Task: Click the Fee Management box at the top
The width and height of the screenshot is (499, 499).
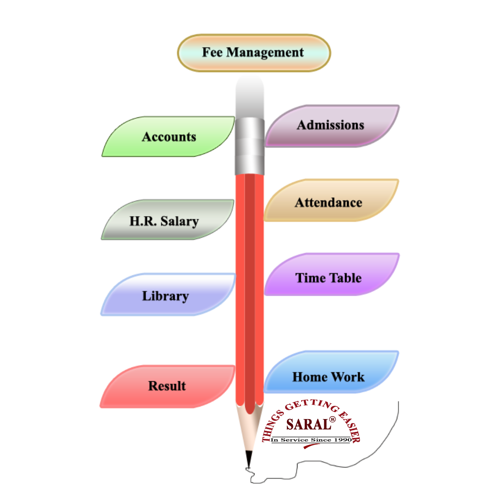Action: click(x=254, y=53)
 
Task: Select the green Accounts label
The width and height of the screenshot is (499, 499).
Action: click(x=169, y=137)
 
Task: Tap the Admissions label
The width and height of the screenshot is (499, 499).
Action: click(x=330, y=125)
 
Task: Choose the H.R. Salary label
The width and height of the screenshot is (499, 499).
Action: click(x=164, y=221)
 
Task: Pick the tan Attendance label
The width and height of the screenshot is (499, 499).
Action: click(x=329, y=202)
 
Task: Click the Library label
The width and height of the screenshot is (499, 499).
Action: click(x=165, y=296)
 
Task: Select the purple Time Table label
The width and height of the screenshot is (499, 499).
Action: click(x=329, y=278)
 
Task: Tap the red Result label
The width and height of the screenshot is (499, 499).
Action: click(x=167, y=386)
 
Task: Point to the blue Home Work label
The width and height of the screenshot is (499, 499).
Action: click(x=329, y=377)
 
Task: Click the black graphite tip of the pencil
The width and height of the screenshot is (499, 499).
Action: click(x=249, y=458)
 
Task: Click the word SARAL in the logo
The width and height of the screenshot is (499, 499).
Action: click(x=309, y=424)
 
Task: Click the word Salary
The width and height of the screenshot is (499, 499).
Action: click(x=180, y=221)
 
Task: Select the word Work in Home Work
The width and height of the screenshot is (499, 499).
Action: click(x=348, y=377)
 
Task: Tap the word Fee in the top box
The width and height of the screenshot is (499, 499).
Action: click(x=212, y=53)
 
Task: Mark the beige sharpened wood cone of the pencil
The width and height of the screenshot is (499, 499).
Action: click(x=249, y=427)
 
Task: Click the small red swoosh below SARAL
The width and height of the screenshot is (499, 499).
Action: click(x=311, y=446)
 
